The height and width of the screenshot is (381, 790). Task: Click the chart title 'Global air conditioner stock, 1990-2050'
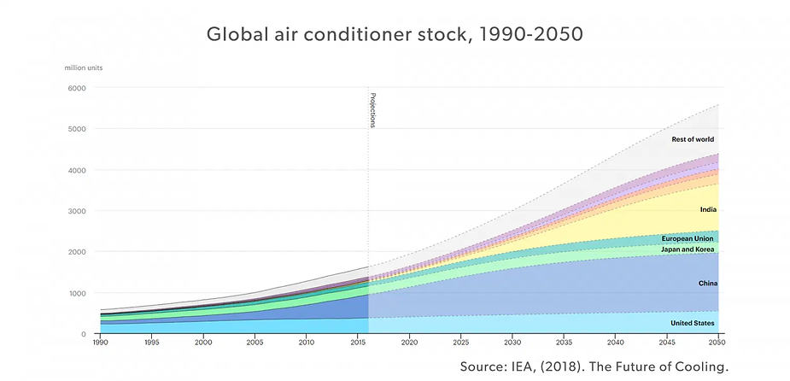coord(395,36)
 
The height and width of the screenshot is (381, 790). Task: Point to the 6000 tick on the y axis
coord(78,88)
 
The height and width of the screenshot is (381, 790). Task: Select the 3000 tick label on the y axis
coord(78,211)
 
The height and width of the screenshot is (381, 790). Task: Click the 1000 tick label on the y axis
coord(78,293)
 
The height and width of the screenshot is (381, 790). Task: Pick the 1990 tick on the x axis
coord(100,343)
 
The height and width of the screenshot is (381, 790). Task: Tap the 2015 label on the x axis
coord(359,343)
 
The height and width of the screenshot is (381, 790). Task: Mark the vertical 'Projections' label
coord(372,109)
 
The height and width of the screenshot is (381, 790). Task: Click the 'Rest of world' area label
coord(693,139)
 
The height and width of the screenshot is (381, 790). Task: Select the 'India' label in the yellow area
coord(707,209)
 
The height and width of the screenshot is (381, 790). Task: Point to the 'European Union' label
coord(688,238)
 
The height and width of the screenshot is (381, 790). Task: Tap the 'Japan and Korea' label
coord(688,249)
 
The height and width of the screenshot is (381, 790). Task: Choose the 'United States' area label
coord(693,323)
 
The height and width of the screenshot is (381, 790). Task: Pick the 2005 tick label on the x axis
coord(255,343)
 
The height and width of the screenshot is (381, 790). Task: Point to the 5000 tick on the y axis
coord(78,129)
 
